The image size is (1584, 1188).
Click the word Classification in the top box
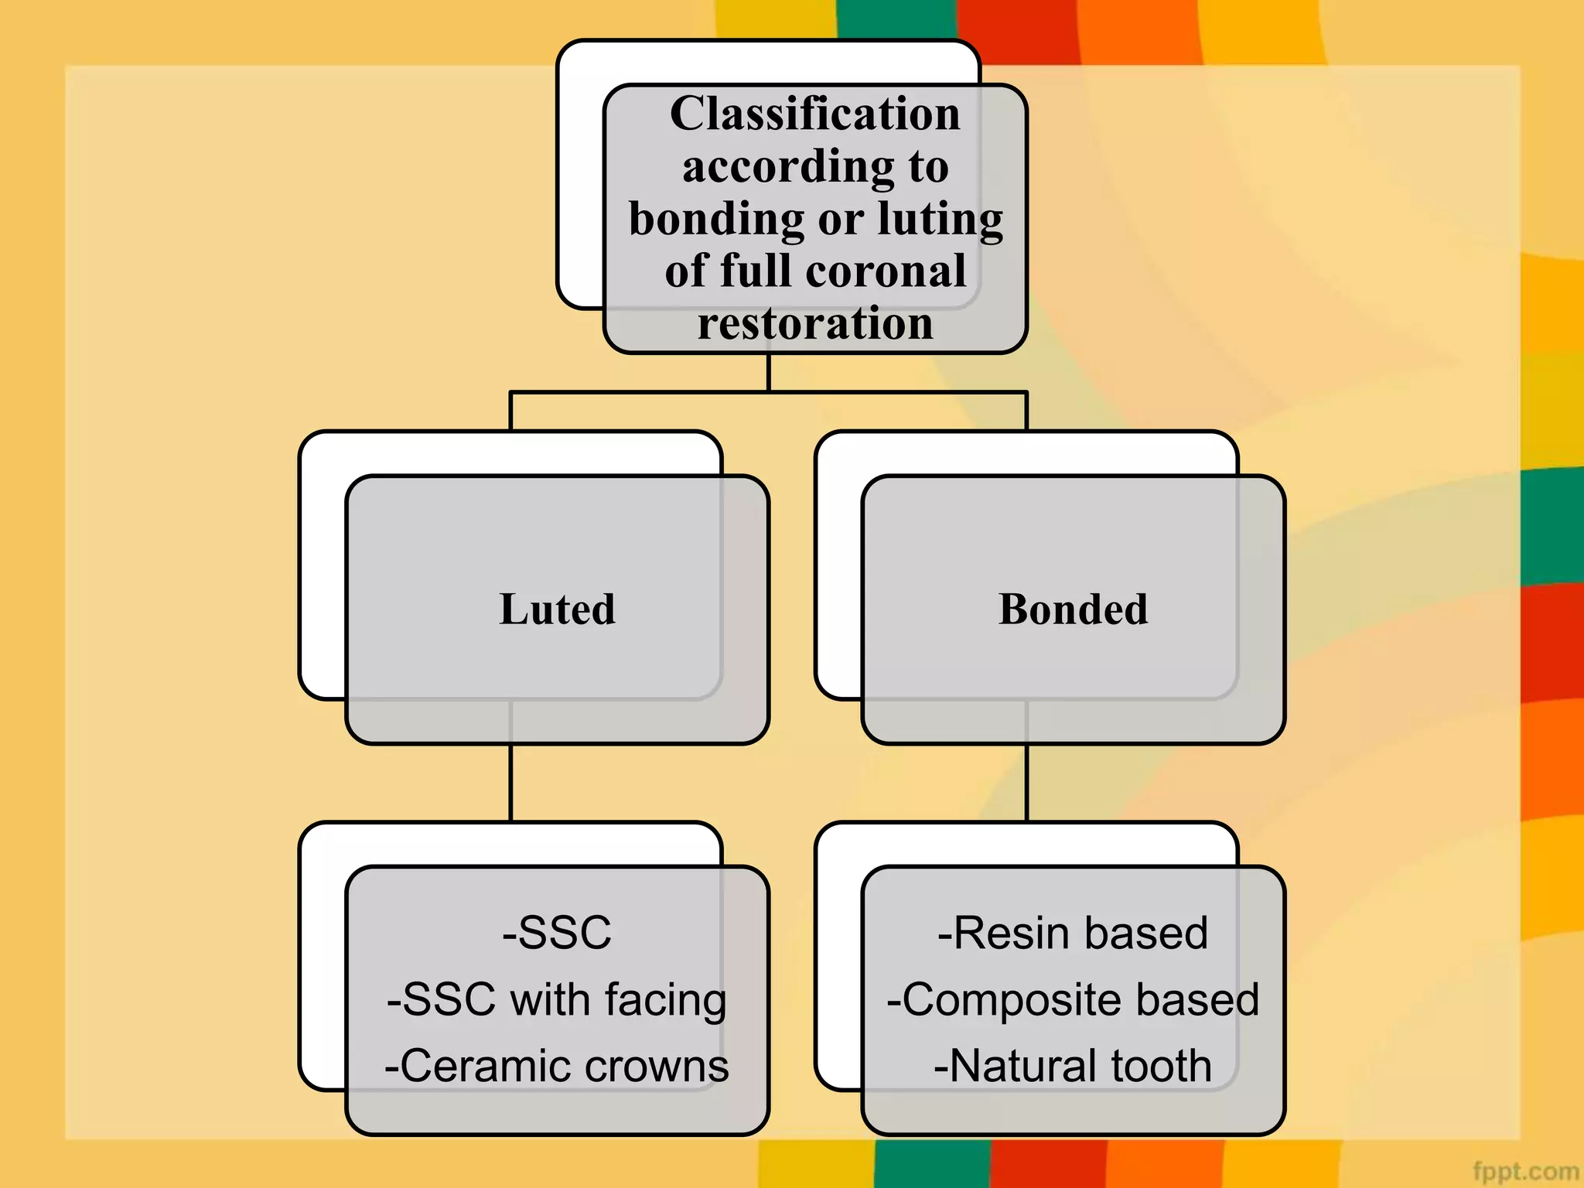814,114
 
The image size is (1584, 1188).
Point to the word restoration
815,323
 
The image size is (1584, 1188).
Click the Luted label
557,609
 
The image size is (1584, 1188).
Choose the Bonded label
1073,609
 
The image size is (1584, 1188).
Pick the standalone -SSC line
557,932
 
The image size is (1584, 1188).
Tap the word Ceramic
480,1066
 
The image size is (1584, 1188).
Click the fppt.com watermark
1524,1171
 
